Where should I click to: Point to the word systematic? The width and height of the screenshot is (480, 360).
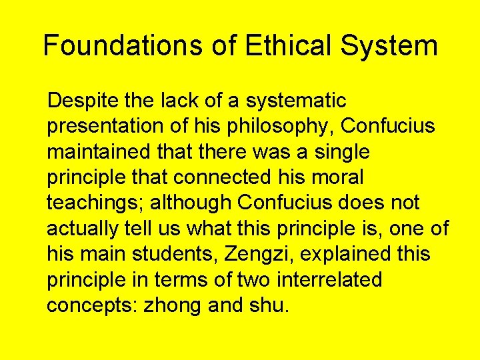[x=296, y=101]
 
